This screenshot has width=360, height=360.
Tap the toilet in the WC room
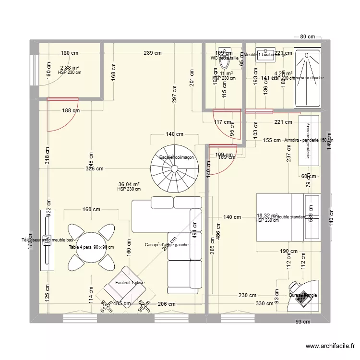click(224, 60)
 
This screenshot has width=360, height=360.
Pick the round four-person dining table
click(91, 247)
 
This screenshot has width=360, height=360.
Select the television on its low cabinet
click(47, 240)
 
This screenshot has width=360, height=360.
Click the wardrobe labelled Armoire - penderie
click(309, 140)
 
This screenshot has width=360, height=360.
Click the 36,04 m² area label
click(129, 184)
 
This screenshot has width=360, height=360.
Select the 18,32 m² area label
click(267, 216)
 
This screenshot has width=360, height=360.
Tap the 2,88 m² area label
click(69, 68)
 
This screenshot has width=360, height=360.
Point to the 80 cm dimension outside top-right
click(307, 37)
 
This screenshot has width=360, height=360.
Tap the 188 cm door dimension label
click(70, 110)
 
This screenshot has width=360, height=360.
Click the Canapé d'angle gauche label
click(166, 245)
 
